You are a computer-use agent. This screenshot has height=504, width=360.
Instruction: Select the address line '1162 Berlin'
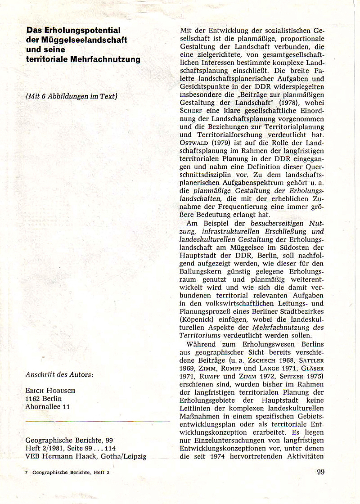44,398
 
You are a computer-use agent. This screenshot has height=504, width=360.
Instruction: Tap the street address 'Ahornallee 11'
47,407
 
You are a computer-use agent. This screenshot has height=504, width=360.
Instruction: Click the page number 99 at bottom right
320,472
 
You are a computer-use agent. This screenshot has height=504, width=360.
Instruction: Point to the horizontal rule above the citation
98,422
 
